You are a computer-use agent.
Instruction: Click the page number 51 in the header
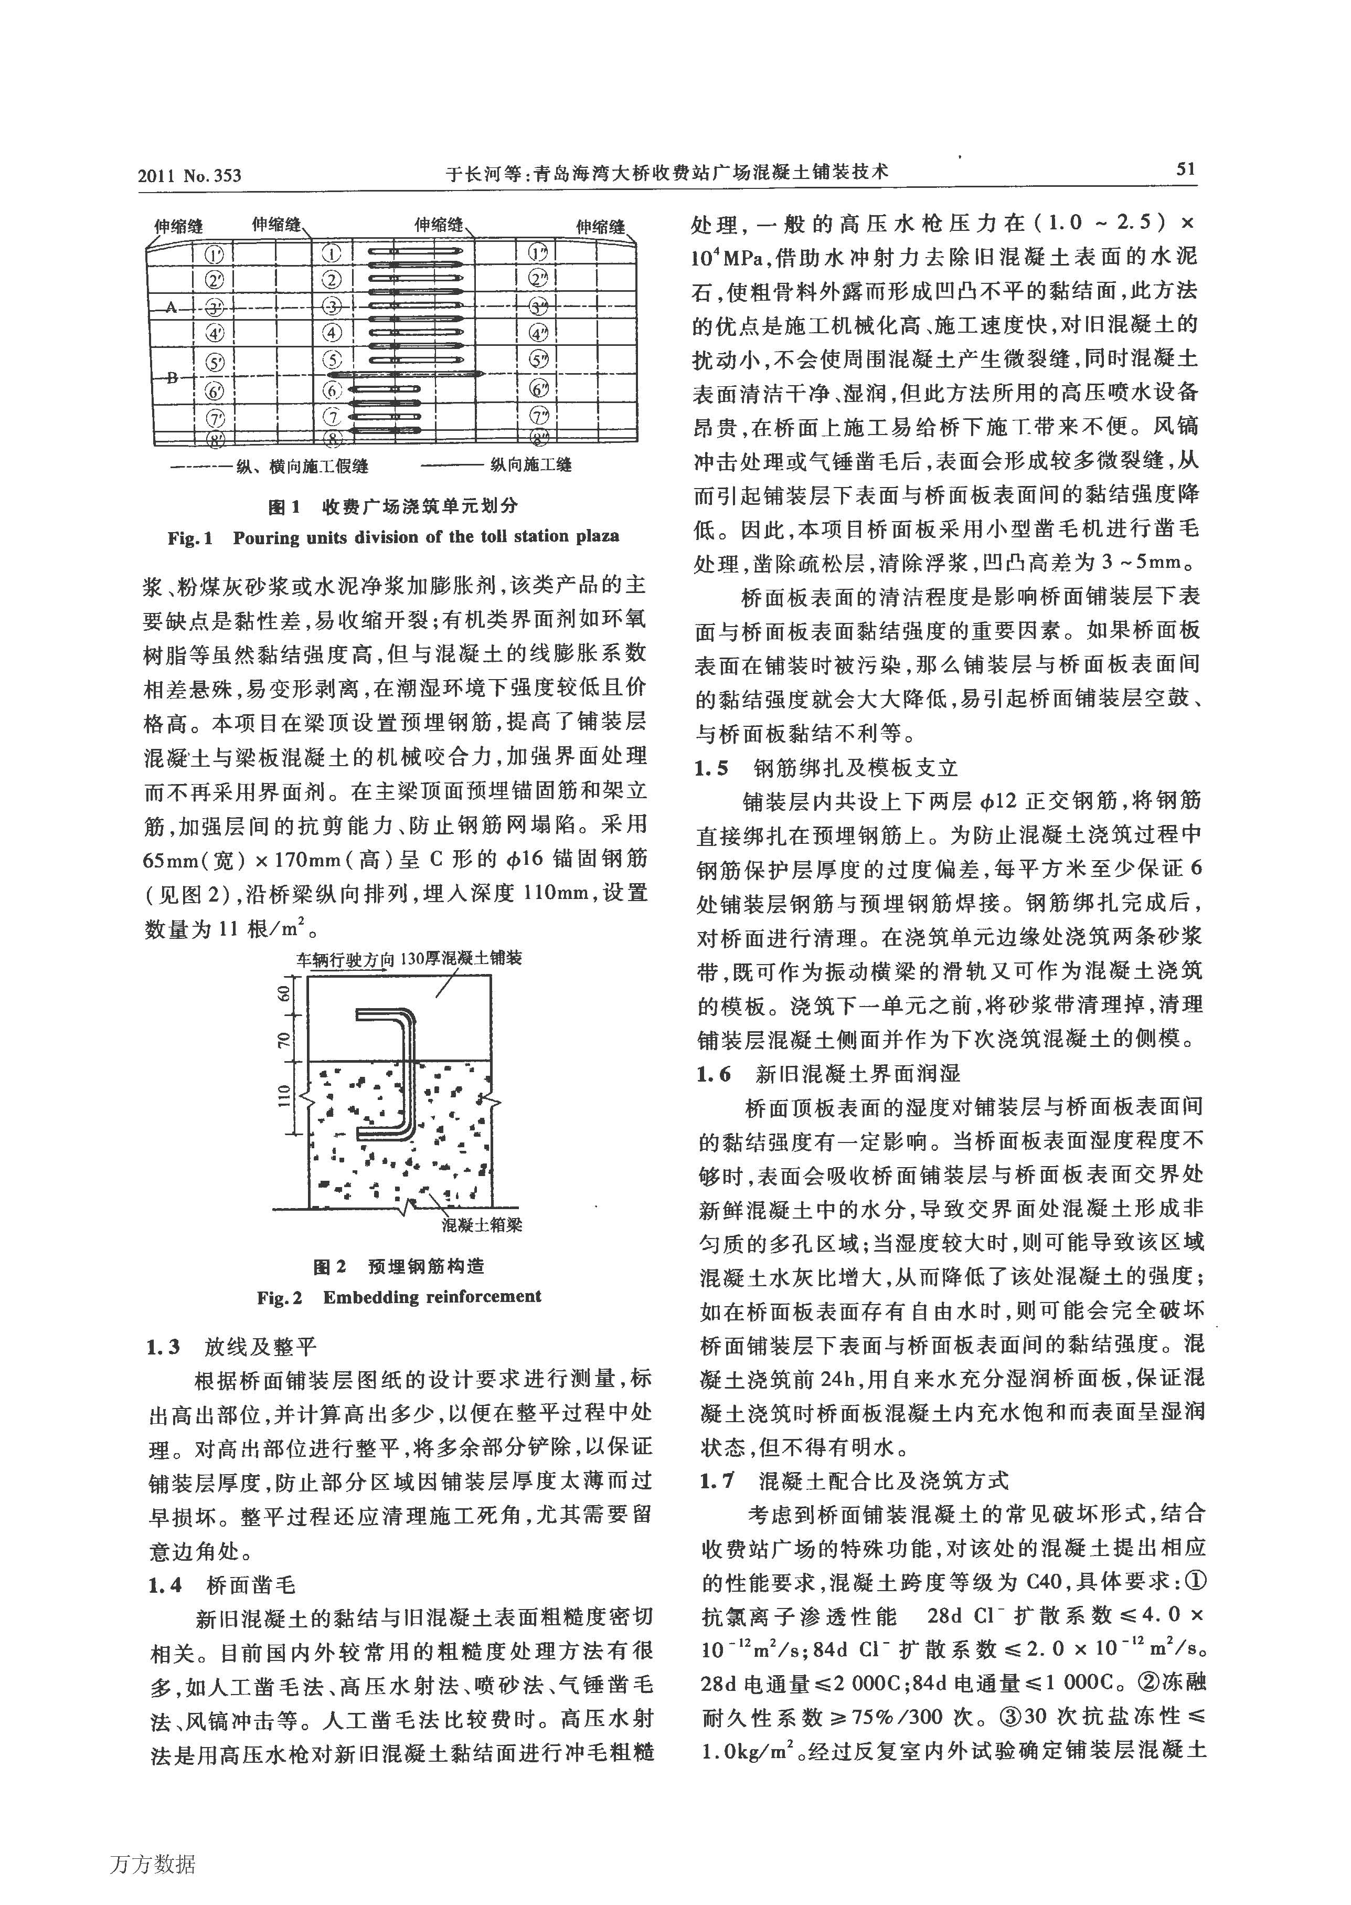(x=1185, y=170)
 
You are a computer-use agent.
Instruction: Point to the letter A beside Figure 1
(x=172, y=307)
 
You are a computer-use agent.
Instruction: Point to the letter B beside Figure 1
(x=172, y=378)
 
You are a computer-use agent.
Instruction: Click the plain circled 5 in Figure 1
(x=333, y=360)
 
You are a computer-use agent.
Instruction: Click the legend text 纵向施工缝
(x=530, y=465)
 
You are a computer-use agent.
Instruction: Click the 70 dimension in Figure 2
(x=284, y=1040)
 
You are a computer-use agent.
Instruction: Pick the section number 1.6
(x=713, y=1074)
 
